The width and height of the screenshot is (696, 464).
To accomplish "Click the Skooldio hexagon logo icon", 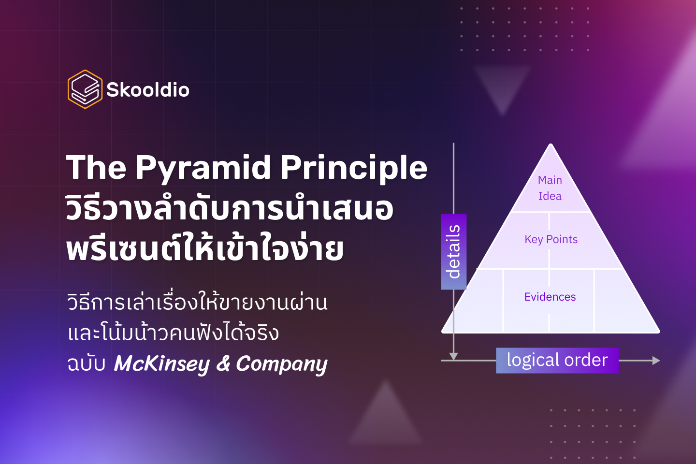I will (85, 89).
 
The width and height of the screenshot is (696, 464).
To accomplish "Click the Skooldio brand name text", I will (148, 90).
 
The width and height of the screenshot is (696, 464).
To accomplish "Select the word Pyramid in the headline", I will (203, 168).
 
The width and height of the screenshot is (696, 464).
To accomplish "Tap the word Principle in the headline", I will (354, 168).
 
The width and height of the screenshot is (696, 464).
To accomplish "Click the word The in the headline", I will (96, 168).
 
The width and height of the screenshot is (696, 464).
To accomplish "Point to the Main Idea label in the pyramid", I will (550, 188).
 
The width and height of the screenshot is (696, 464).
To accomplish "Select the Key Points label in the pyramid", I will (551, 239).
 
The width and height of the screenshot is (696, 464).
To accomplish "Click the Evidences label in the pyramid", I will (550, 297).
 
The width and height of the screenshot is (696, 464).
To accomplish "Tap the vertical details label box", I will (453, 251).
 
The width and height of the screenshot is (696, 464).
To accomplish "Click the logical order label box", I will (557, 360).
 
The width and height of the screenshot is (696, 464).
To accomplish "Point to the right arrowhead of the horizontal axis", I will (656, 361).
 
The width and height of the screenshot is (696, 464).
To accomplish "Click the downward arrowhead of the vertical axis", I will (453, 356).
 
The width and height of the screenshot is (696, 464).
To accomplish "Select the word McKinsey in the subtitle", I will (161, 363).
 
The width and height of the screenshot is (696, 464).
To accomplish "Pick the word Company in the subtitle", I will (281, 363).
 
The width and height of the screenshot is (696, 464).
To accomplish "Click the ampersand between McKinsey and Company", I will (223, 363).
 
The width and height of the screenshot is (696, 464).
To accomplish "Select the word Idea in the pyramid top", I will (550, 196).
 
